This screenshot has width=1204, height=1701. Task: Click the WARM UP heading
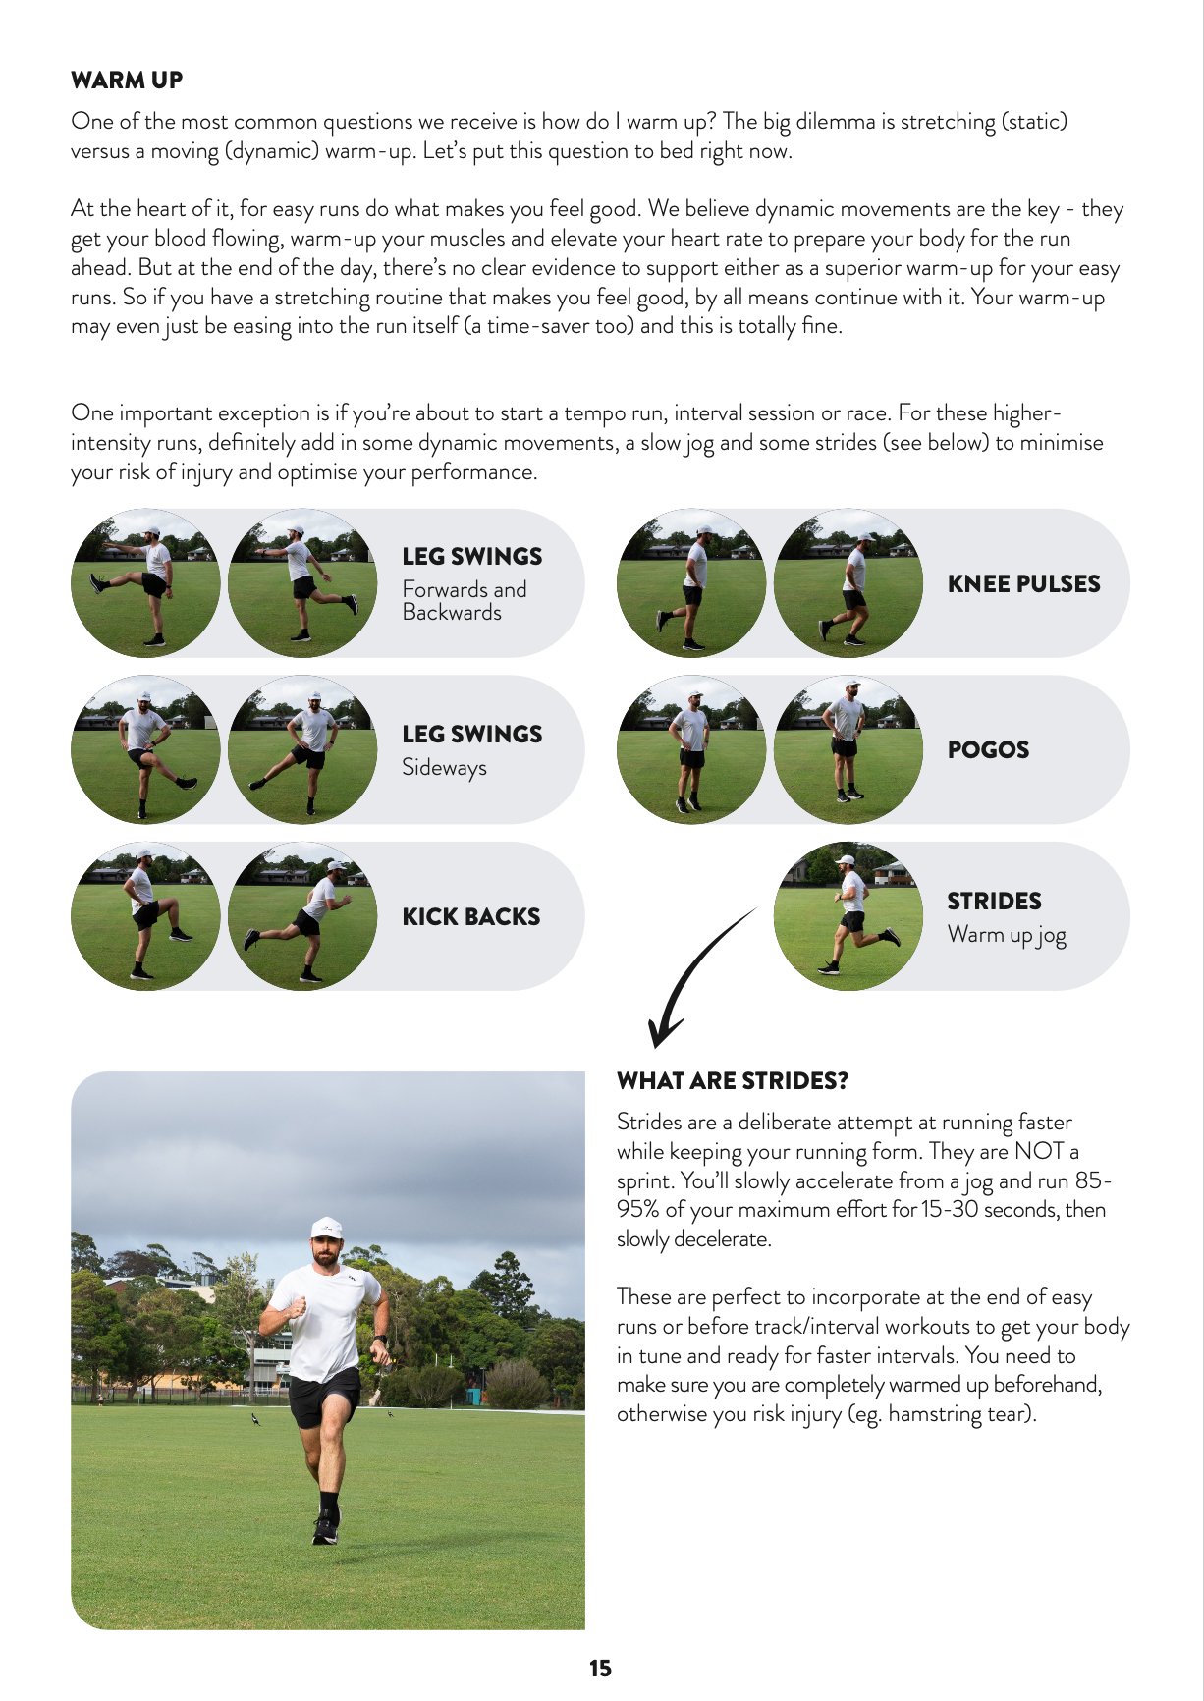[x=127, y=81]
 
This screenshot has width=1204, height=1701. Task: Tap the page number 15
[x=600, y=1669]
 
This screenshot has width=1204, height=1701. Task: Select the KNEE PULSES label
[x=1023, y=584]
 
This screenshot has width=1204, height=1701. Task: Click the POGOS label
[x=988, y=750]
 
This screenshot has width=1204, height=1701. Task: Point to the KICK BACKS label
[x=470, y=917]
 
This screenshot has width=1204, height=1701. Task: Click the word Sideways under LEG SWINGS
[x=444, y=768]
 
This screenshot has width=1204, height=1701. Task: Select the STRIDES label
[x=994, y=902]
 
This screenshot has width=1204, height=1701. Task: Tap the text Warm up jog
[x=1007, y=935]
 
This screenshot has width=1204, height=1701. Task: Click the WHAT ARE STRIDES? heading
[x=733, y=1081]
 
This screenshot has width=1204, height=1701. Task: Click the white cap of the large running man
[x=326, y=1228]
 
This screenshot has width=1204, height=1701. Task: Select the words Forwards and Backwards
[x=464, y=601]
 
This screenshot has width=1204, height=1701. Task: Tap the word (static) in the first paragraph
[x=1033, y=122]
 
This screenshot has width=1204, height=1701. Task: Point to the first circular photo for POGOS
[x=690, y=749]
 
